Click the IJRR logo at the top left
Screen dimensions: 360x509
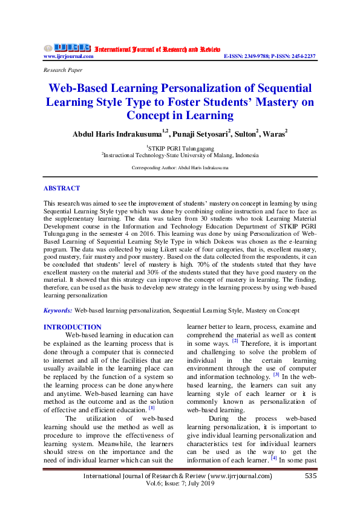pyautogui.click(x=67, y=48)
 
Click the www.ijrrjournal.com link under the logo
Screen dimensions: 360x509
pyautogui.click(x=68, y=56)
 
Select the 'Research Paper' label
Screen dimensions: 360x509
pyautogui.click(x=62, y=70)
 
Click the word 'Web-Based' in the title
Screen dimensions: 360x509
pyautogui.click(x=80, y=88)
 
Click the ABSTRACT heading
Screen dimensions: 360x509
pyautogui.click(x=62, y=188)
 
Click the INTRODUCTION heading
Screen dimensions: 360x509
pyautogui.click(x=73, y=327)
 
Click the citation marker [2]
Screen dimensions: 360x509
pyautogui.click(x=235, y=342)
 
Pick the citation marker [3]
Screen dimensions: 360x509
pyautogui.click(x=276, y=374)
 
